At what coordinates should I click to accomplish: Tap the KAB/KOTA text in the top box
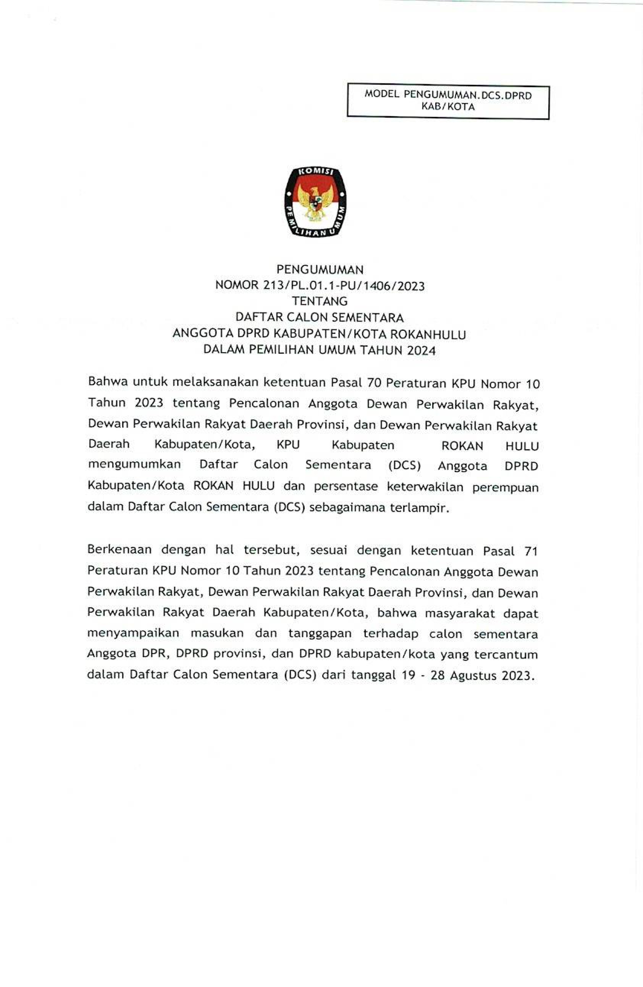448,107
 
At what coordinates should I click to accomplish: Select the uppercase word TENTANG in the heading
320,301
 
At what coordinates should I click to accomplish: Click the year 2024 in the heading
421,351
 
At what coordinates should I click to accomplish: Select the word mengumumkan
135,464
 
